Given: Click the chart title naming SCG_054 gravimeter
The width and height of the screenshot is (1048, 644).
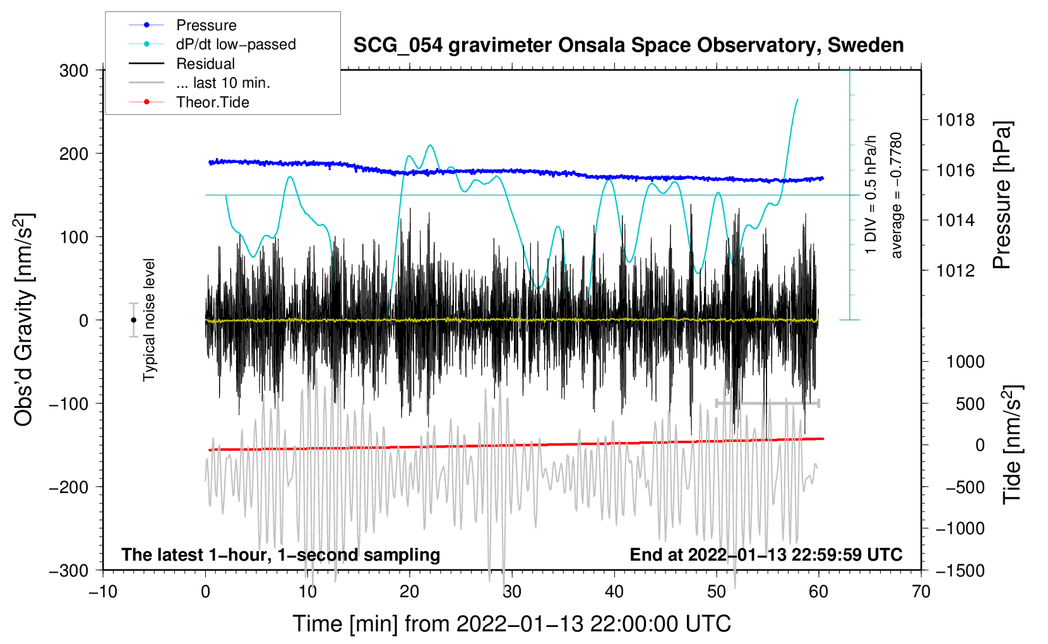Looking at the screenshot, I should click(628, 45).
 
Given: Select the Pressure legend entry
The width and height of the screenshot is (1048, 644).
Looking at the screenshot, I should click(206, 25).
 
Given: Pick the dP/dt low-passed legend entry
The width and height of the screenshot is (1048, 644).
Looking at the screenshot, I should click(235, 44).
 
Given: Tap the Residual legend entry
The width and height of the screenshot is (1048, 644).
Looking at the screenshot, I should click(205, 64).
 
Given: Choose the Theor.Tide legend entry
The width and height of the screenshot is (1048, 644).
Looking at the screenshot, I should click(212, 102).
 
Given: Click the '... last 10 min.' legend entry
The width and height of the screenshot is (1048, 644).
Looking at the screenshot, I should click(223, 83).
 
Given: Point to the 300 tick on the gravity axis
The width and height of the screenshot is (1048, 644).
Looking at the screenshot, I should click(74, 70).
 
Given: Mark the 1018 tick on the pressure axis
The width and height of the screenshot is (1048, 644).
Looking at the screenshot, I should click(955, 120).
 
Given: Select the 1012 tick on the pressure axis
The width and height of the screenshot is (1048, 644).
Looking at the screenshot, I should click(955, 271).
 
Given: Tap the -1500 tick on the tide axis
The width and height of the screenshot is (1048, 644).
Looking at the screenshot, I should click(960, 571).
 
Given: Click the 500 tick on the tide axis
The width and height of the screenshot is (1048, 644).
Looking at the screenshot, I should click(970, 404).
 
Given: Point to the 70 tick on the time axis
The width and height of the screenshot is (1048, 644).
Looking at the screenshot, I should click(921, 592).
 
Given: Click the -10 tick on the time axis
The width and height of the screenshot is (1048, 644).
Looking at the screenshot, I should click(103, 592).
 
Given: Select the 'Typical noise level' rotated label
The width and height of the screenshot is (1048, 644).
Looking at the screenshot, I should click(149, 319).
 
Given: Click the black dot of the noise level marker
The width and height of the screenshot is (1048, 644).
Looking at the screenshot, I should click(133, 320).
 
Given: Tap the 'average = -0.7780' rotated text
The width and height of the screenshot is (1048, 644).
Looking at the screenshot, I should click(896, 195).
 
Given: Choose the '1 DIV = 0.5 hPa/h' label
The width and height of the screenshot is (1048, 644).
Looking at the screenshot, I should click(871, 194).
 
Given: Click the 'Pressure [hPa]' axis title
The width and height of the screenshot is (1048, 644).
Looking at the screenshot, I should click(1002, 195).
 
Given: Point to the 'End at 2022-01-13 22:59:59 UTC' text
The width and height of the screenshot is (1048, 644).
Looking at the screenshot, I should click(766, 554).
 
